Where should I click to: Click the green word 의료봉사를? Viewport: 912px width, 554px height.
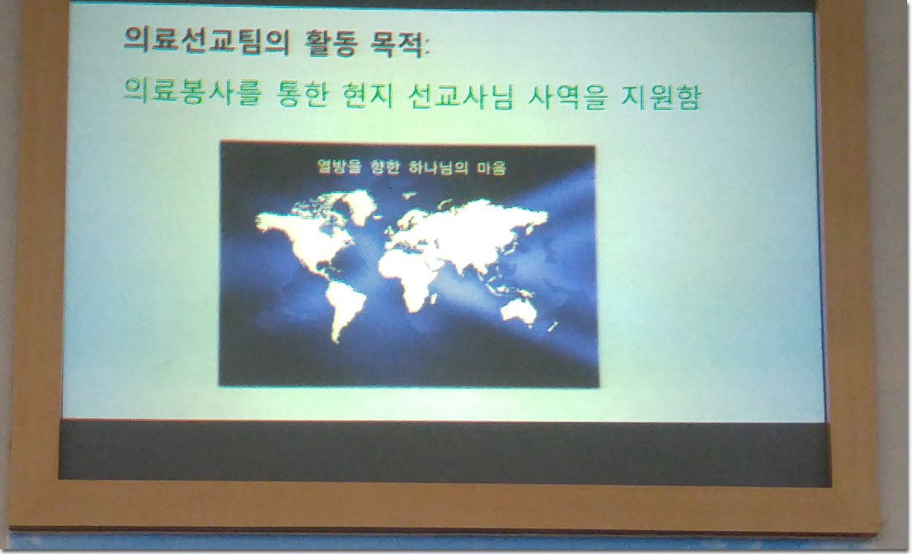[192, 92]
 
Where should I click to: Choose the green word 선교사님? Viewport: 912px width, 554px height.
[460, 96]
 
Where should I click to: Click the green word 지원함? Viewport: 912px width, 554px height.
[660, 96]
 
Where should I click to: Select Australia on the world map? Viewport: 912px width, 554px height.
[518, 311]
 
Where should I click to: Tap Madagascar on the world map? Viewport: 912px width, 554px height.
[433, 299]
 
